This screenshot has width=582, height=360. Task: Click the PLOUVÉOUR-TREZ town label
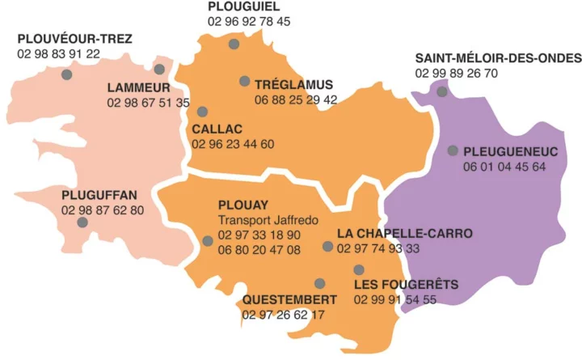point(74,39)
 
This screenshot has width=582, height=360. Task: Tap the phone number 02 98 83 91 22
point(58,54)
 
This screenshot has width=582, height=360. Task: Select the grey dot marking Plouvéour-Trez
point(66,74)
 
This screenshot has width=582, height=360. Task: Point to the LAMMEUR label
point(137,87)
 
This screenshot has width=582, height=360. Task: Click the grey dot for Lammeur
point(159,70)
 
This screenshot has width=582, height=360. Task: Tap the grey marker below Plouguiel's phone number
point(234,44)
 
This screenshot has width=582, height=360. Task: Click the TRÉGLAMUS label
point(293,84)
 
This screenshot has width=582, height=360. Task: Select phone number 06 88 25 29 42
point(295,100)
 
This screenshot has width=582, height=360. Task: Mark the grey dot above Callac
point(202,112)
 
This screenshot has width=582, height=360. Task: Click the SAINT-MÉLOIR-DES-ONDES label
point(498,58)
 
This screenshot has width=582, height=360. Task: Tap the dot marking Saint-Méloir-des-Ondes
point(442,91)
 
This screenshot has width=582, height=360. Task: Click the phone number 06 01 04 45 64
point(504,167)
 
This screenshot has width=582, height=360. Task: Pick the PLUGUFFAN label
point(99,195)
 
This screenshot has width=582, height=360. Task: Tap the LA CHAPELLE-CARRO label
point(403,234)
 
